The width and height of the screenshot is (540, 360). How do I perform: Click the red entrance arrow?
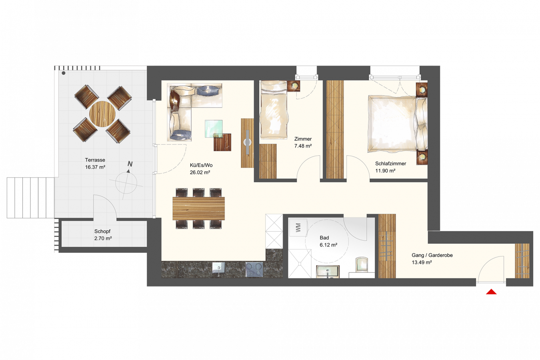pos(491,292)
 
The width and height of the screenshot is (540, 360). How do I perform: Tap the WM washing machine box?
pos(298,228)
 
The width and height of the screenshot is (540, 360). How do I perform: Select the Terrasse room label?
pos(95,160)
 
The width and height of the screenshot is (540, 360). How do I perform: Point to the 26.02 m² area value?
pos(200,172)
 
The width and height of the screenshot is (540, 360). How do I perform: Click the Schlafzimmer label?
pos(390,164)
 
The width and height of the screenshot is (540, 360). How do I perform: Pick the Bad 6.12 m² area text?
pos(328,245)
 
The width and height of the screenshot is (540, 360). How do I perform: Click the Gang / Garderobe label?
pos(432,255)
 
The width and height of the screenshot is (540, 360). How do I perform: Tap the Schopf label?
pos(102,231)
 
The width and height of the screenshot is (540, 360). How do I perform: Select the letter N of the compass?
pos(130,164)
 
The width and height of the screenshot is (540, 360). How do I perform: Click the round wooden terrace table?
pos(102,114)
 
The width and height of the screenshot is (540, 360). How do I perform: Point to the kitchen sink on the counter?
pos(219,268)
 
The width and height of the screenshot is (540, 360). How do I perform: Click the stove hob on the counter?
pos(254,269)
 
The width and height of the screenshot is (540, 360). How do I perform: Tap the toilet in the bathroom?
pos(362,265)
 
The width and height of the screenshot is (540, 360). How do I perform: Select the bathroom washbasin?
pos(328,272)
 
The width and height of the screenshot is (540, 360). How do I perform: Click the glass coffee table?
pos(214,129)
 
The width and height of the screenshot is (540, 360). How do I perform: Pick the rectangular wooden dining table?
pos(199,208)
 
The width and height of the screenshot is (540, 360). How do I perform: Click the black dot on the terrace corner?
pos(64,73)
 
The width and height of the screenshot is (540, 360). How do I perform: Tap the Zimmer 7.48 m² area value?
pos(303,146)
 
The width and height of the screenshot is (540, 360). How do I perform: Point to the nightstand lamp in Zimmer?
pos(294,86)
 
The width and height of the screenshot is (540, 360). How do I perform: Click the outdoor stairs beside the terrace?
pos(30,198)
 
